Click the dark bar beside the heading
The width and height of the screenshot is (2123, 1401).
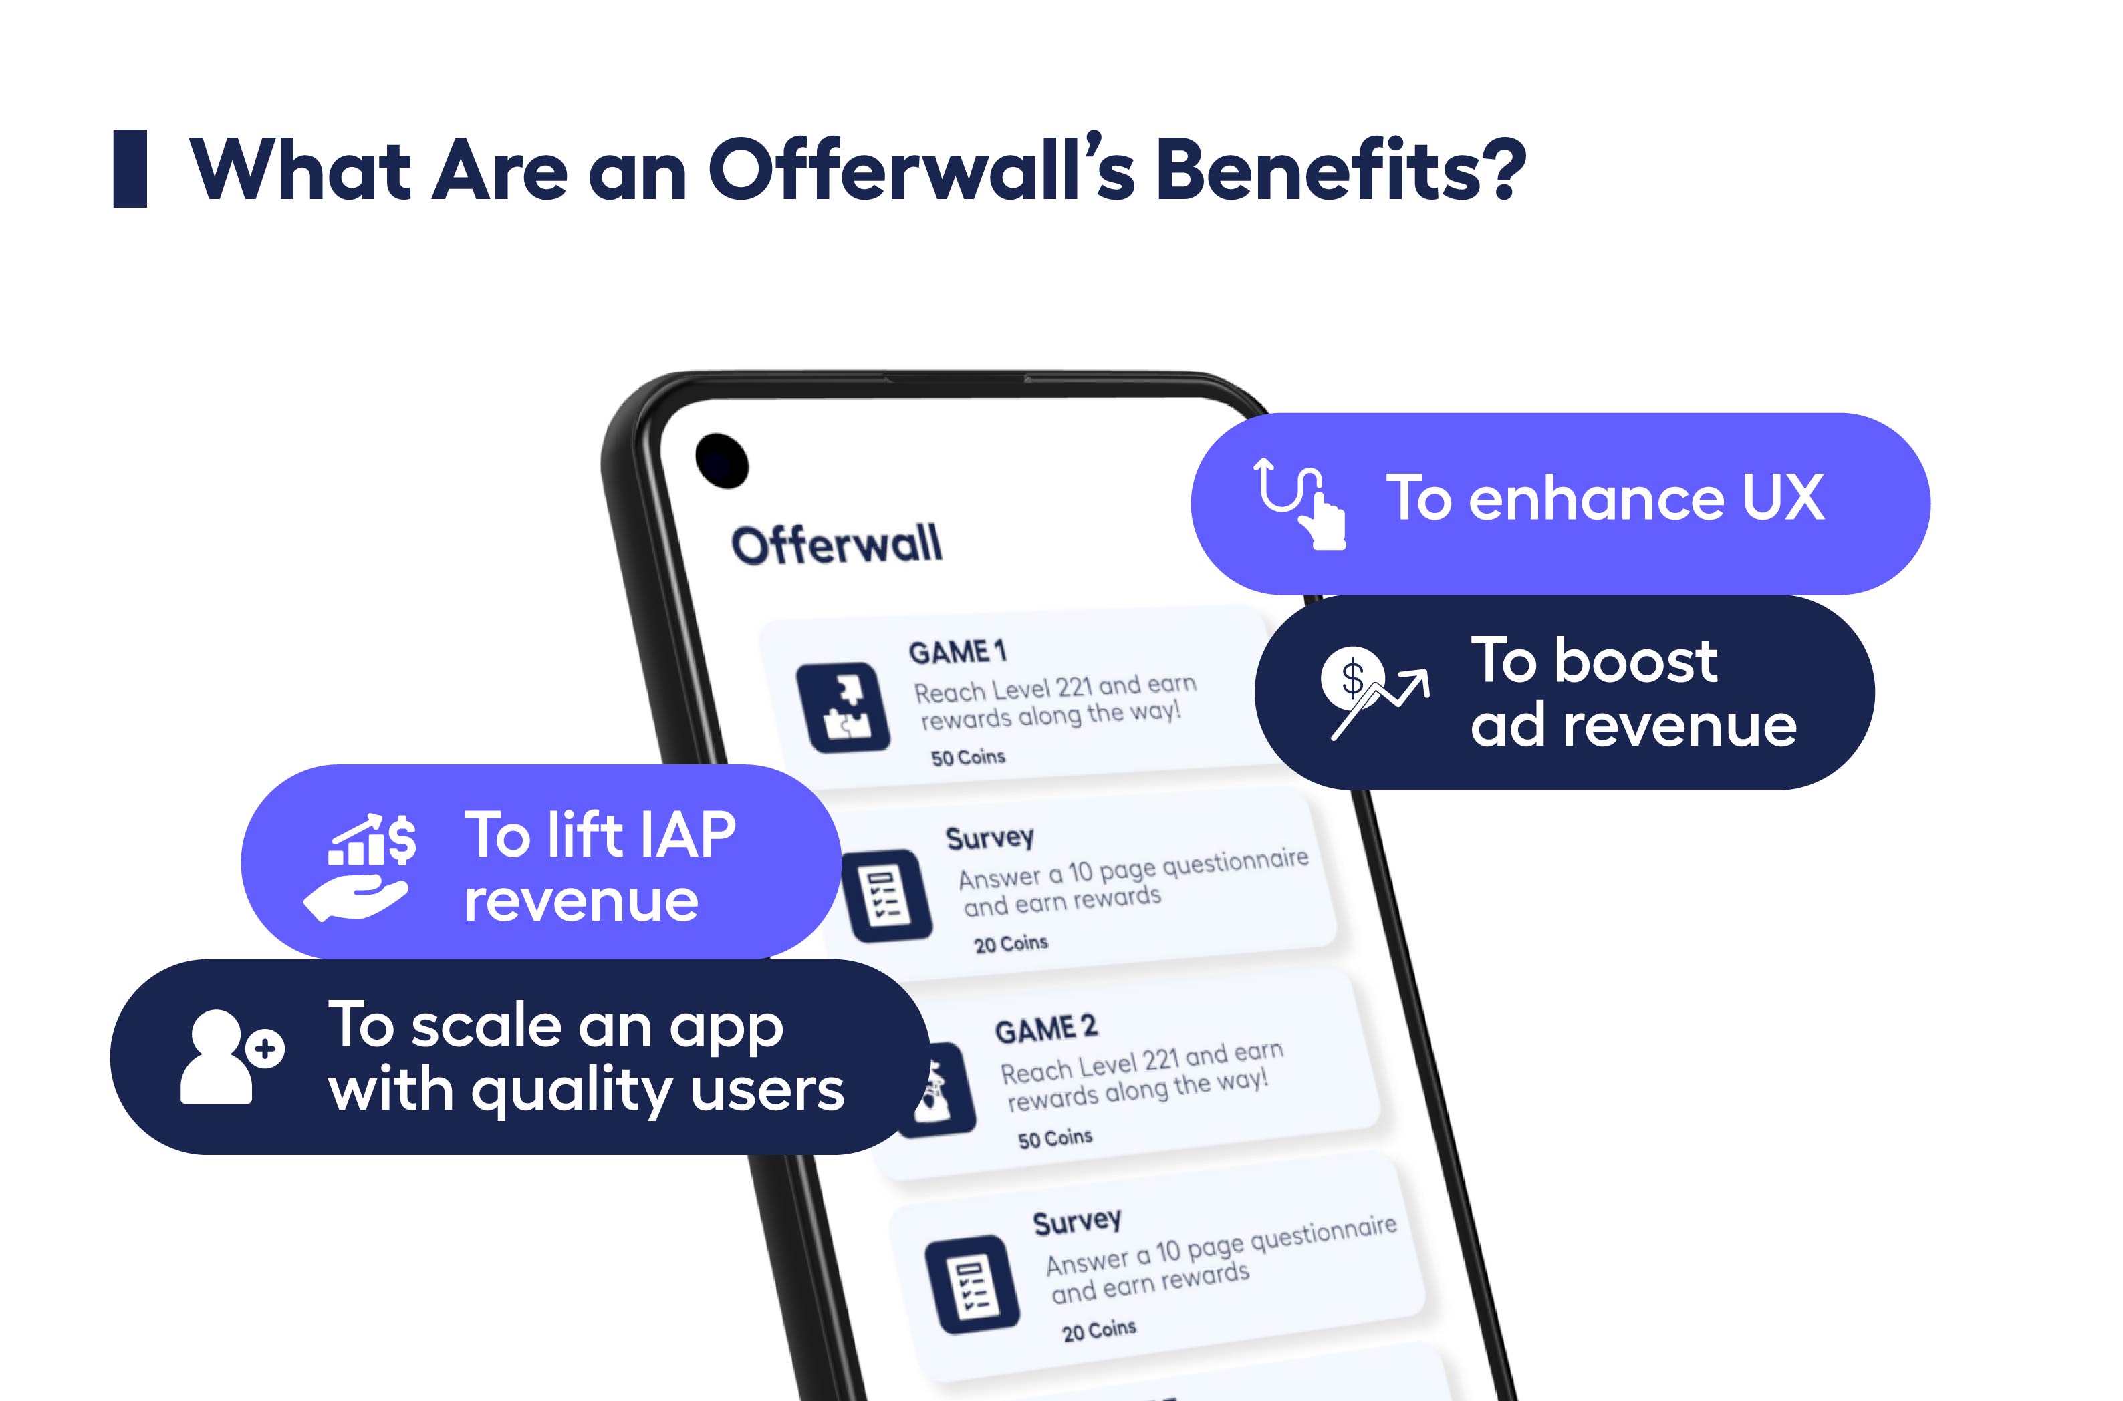(x=130, y=169)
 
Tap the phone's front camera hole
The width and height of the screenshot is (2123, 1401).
(x=721, y=461)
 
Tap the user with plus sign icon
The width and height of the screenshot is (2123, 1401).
(x=231, y=1057)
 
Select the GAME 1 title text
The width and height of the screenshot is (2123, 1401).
(x=957, y=651)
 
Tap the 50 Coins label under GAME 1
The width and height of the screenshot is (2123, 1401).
(x=968, y=758)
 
